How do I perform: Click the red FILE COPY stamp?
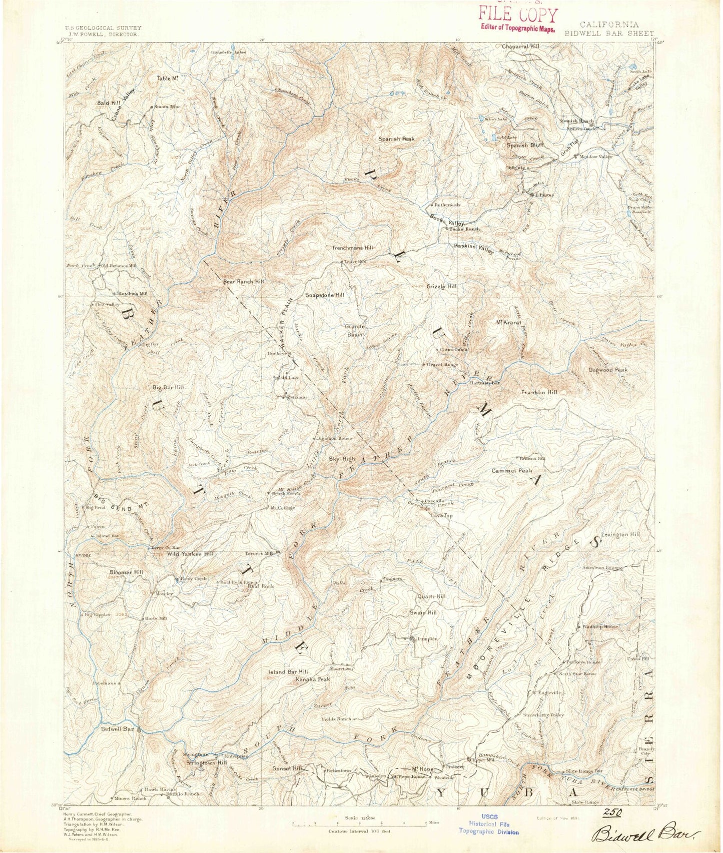pyautogui.click(x=517, y=16)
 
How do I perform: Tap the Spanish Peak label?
pyautogui.click(x=396, y=139)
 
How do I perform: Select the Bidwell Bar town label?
pyautogui.click(x=117, y=729)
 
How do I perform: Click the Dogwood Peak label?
pyautogui.click(x=607, y=370)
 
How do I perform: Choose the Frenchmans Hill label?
pyautogui.click(x=352, y=248)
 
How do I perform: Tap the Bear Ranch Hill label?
pyautogui.click(x=243, y=282)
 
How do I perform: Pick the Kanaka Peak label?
pyautogui.click(x=313, y=679)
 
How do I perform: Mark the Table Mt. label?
pyautogui.click(x=168, y=79)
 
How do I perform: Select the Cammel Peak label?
pyautogui.click(x=511, y=471)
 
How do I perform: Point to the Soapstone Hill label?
pyautogui.click(x=325, y=295)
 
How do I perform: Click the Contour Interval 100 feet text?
pyautogui.click(x=359, y=831)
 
